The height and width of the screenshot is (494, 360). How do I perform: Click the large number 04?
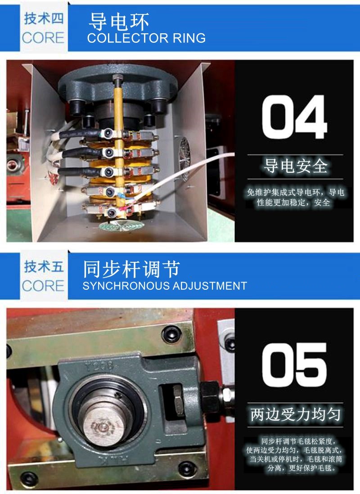pyautogui.click(x=294, y=117)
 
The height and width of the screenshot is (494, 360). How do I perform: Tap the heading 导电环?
pyautogui.click(x=118, y=22)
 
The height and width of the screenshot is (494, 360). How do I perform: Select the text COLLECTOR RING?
pyautogui.click(x=146, y=38)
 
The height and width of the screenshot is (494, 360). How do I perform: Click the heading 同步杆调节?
pyautogui.click(x=131, y=269)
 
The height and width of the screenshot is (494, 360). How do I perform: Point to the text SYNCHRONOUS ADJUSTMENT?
pyautogui.click(x=165, y=286)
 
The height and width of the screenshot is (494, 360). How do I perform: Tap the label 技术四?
pyautogui.click(x=44, y=18)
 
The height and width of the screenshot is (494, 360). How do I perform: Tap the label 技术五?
pyautogui.click(x=44, y=266)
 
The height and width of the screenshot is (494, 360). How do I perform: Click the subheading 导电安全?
pyautogui.click(x=295, y=166)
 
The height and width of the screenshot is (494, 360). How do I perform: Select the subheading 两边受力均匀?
pyautogui.click(x=295, y=414)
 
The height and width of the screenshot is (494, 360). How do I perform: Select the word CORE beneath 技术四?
pyautogui.click(x=43, y=38)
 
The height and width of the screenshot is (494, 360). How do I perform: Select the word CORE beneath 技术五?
pyautogui.click(x=43, y=286)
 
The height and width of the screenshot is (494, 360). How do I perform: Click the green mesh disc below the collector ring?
pyautogui.click(x=121, y=225)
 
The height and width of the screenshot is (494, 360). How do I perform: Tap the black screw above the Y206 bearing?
pyautogui.click(x=171, y=334)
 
